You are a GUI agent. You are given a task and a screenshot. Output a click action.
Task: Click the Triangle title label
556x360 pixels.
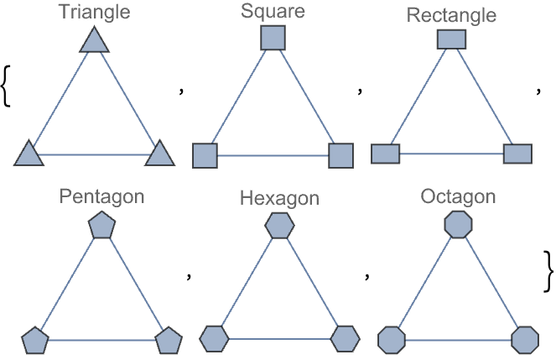pos(94,12)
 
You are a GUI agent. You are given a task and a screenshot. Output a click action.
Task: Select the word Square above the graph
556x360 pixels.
pos(273,11)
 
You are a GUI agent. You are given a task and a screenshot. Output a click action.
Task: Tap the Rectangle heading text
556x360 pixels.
pos(451,15)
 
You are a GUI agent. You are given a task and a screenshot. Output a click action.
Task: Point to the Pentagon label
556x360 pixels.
pos(101,196)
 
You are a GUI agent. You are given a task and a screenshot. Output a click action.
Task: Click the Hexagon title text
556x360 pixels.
pos(279,198)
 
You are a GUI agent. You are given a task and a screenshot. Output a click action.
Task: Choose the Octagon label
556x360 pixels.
pos(458,196)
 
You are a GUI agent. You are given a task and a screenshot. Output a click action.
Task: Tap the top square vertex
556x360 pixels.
pos(273,38)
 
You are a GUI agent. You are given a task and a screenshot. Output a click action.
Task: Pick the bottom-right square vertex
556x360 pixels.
pos(341,155)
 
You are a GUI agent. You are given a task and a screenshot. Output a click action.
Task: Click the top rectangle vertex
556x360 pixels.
pos(451,39)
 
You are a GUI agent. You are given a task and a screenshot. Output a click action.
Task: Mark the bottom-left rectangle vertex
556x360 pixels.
pos(386,154)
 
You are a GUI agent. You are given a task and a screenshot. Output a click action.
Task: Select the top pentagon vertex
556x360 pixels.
pos(101,225)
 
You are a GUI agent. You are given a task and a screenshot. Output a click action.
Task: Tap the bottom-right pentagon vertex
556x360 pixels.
pos(169,341)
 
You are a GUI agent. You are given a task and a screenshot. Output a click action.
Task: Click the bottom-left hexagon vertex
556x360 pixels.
pos(214,339)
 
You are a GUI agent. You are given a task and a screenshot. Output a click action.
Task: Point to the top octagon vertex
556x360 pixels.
pos(458,225)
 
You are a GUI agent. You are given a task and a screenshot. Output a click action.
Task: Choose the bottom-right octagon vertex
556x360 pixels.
pos(525,340)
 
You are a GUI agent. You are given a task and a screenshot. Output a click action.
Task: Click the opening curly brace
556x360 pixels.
pos(6,86)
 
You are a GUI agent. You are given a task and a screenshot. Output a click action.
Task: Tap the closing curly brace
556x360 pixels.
pos(548,272)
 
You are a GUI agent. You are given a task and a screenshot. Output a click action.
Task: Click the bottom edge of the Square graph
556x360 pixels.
pos(273,155)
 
